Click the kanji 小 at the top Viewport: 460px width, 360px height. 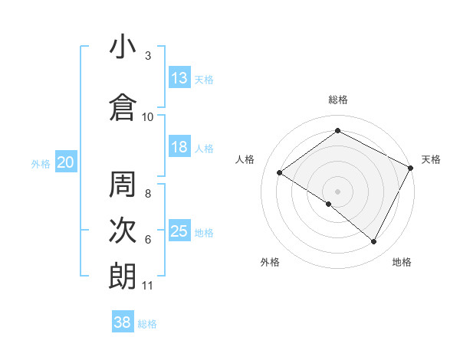pos(123,47)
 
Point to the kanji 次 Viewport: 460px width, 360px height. pos(123,230)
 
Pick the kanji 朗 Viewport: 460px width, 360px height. pos(123,276)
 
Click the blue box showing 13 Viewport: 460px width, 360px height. pos(179,77)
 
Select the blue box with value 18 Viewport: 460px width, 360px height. pos(179,147)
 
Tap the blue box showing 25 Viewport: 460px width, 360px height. pos(179,231)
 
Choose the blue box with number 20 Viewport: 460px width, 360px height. pos(66,162)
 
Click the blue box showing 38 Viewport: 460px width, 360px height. pos(123,322)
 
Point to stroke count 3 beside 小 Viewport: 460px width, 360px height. pos(148,56)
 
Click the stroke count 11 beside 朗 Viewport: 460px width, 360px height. pos(148,286)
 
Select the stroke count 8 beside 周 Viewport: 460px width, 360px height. pos(148,194)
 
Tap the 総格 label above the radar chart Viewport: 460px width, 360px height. pos(338,100)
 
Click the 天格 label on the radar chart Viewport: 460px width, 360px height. pos(431,159)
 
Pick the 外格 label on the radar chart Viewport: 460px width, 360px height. pos(270,262)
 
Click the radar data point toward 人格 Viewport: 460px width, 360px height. pos(280,172)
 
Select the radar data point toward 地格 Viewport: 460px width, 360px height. pos(374,242)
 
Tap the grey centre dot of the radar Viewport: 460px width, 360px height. pos(337,191)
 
